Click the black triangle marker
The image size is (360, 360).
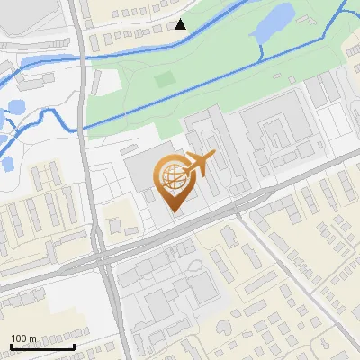[181, 24]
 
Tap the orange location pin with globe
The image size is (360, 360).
[174, 183]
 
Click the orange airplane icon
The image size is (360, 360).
[200, 165]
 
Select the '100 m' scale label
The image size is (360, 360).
[23, 337]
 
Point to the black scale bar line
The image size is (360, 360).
[42, 346]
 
